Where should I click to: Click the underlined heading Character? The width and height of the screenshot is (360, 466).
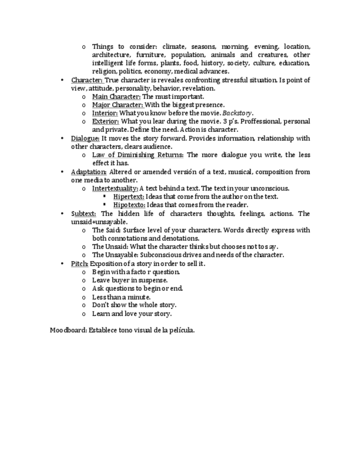(x=87, y=80)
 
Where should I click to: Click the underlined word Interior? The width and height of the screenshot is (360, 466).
(x=105, y=113)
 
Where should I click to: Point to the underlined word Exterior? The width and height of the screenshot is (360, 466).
(x=106, y=121)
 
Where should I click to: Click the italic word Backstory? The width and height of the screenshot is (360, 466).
(x=237, y=113)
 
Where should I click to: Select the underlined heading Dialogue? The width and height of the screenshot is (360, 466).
(x=85, y=138)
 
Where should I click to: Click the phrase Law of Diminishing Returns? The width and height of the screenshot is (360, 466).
(x=138, y=155)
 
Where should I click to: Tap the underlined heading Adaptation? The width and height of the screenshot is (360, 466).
(x=88, y=172)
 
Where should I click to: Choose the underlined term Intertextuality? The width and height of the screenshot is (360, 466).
(x=115, y=188)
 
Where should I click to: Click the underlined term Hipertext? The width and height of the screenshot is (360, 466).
(x=129, y=197)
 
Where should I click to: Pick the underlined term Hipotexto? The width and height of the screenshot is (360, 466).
(x=129, y=205)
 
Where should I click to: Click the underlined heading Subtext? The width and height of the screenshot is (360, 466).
(x=84, y=214)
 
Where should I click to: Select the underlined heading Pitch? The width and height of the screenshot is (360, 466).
(x=79, y=264)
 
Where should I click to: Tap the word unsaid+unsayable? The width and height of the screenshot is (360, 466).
(x=99, y=222)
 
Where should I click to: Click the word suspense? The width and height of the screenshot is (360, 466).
(x=152, y=280)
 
